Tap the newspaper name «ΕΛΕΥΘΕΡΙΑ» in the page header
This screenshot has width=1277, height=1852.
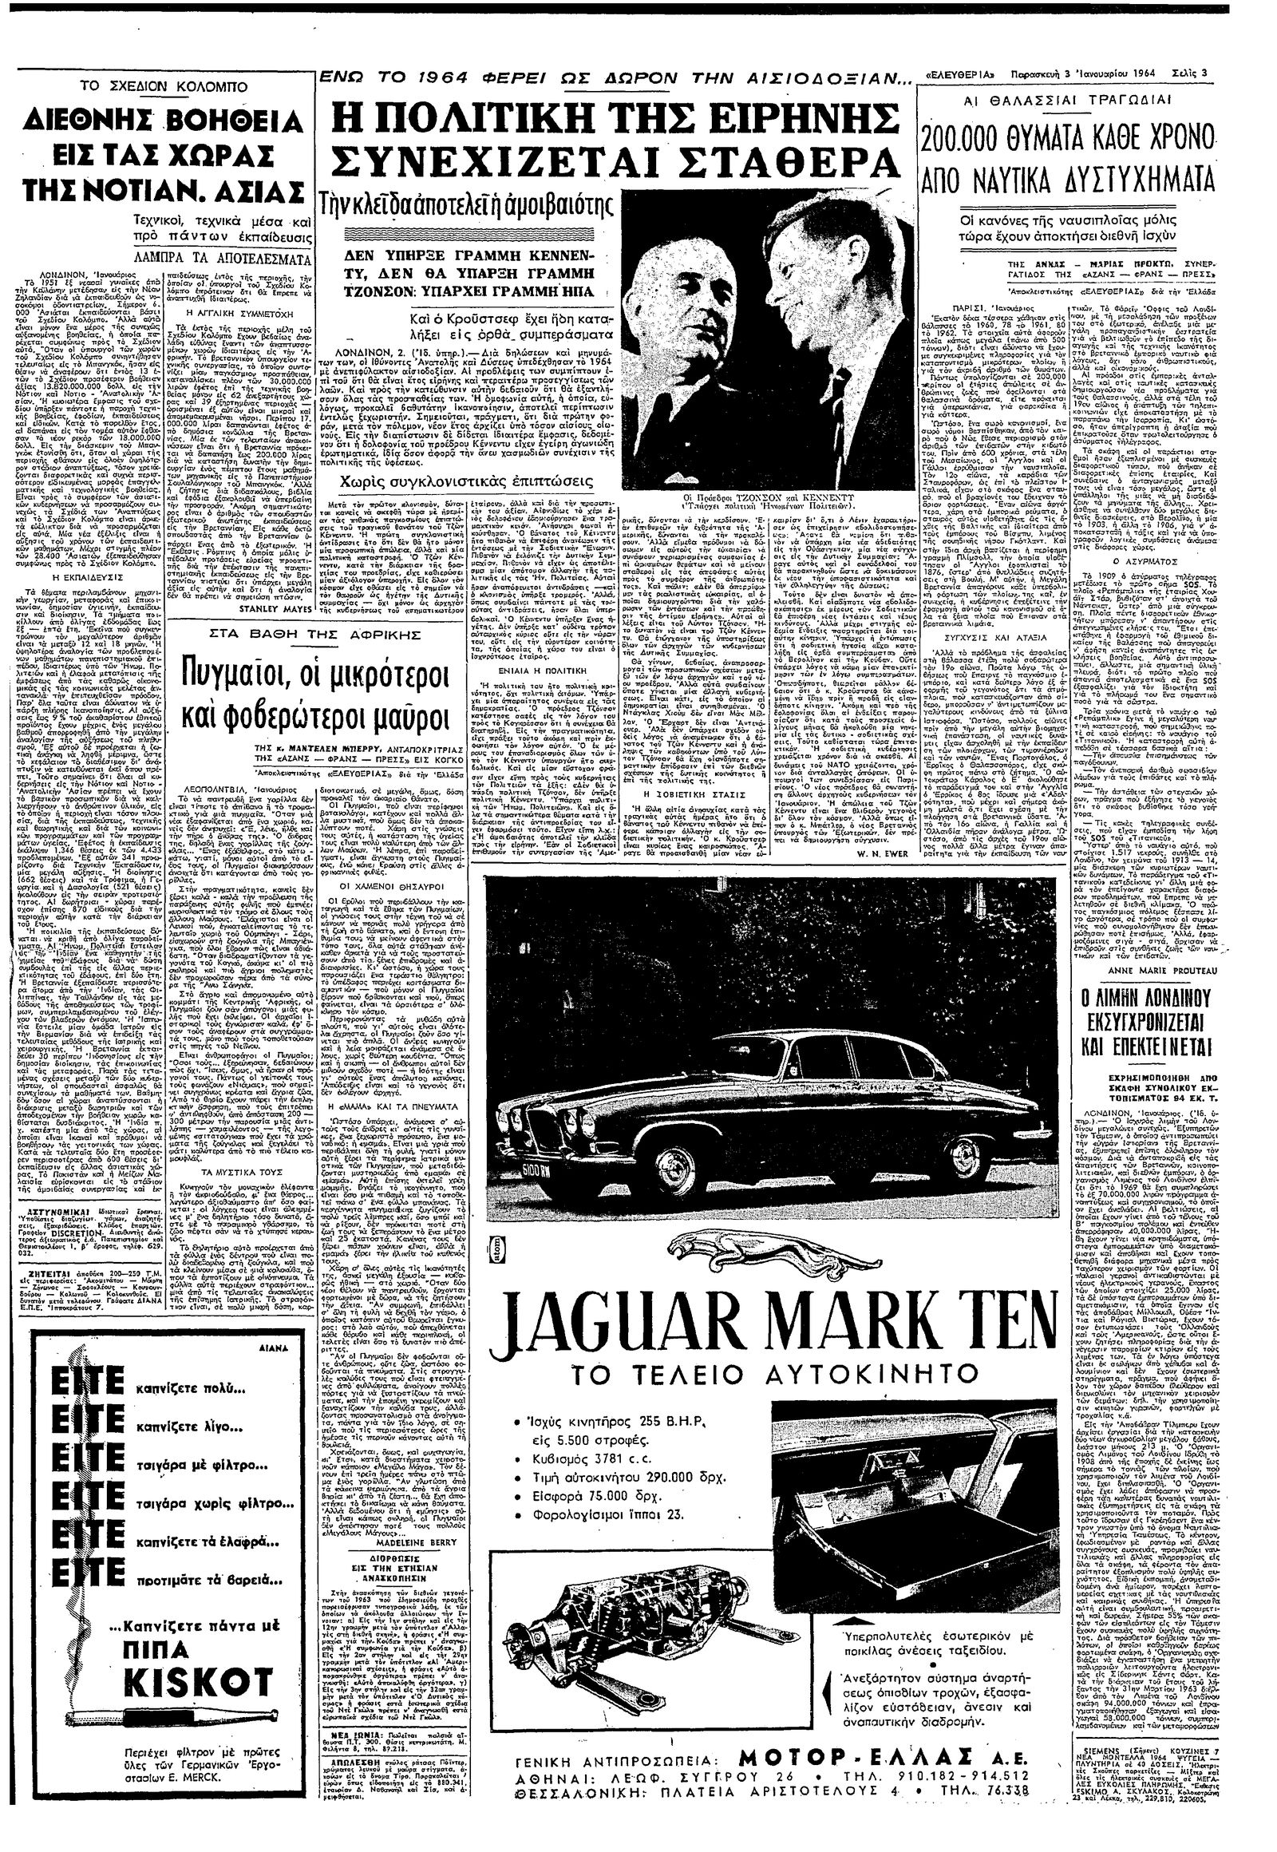coord(962,75)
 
